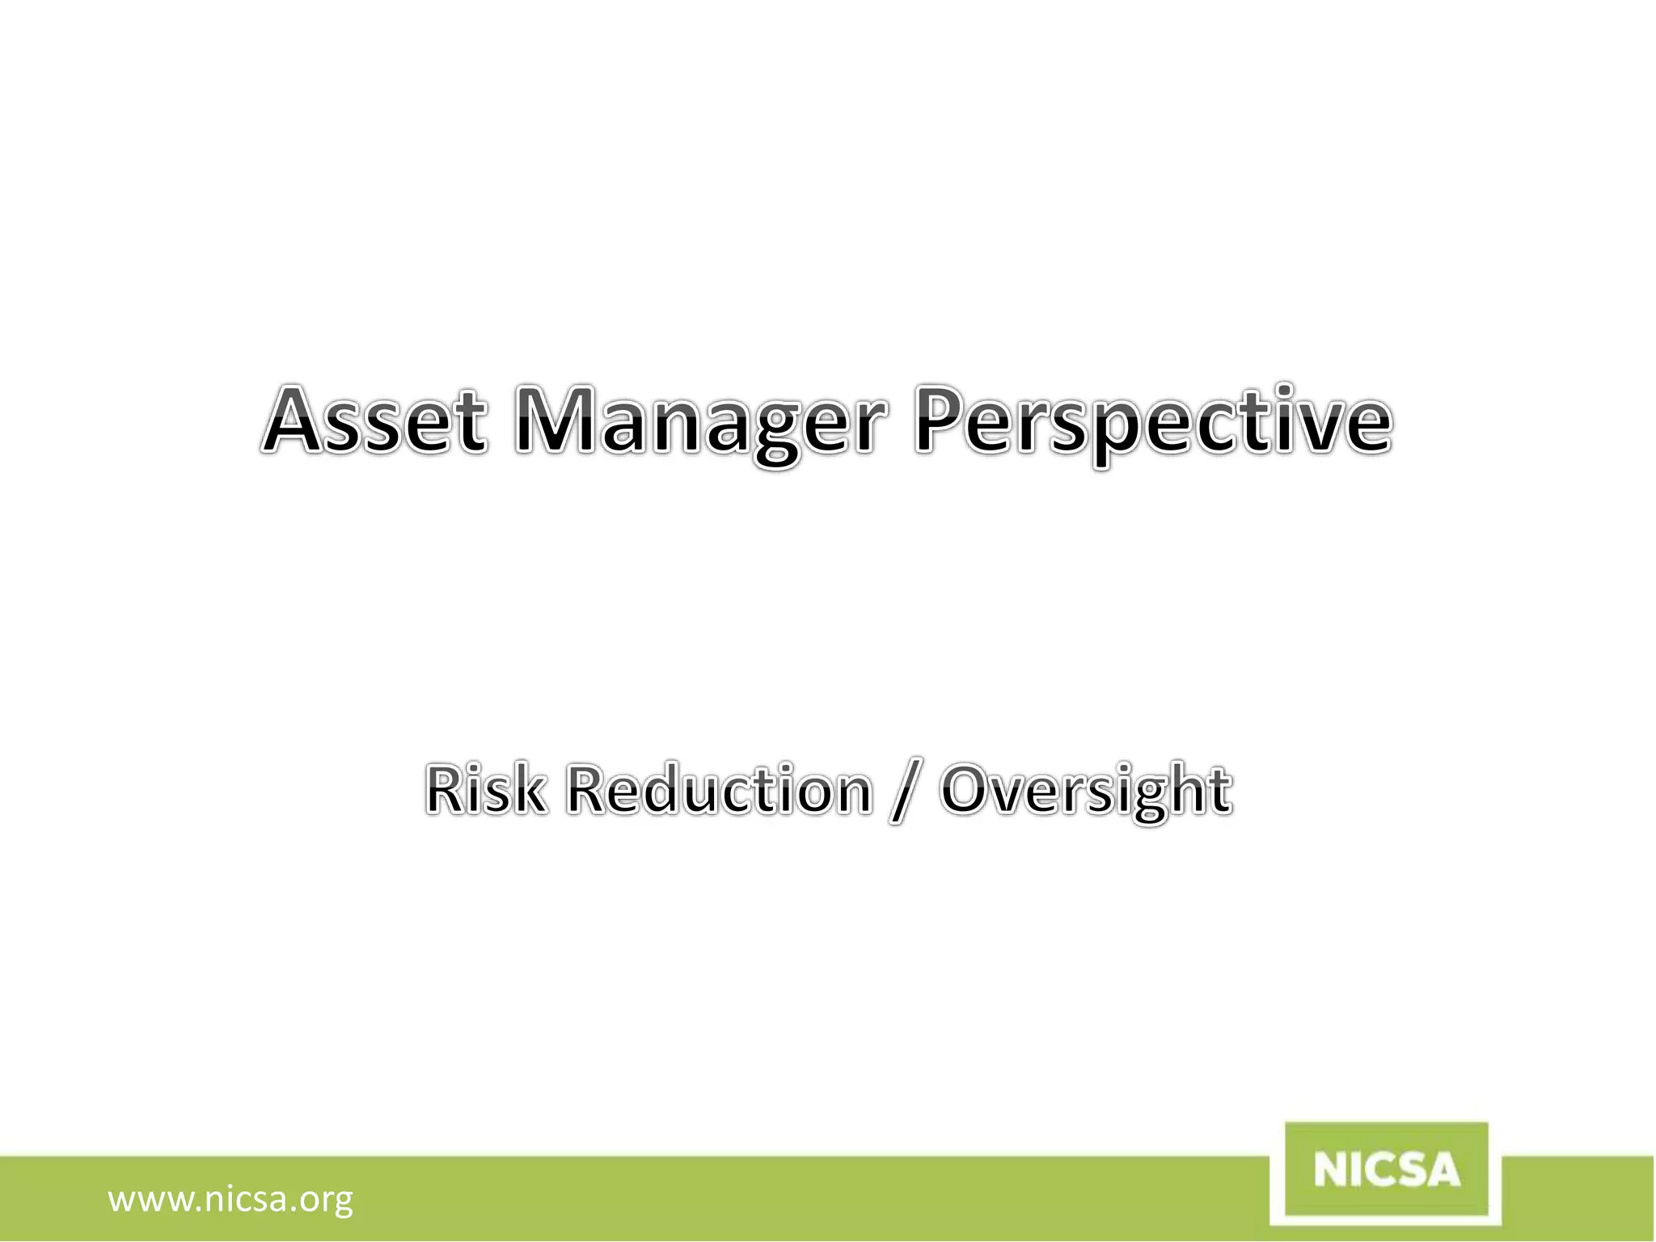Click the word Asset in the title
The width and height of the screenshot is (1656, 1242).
tap(375, 421)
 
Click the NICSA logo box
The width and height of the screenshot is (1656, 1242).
tap(1386, 1171)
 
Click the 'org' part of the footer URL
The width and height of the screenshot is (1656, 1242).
tap(327, 1201)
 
